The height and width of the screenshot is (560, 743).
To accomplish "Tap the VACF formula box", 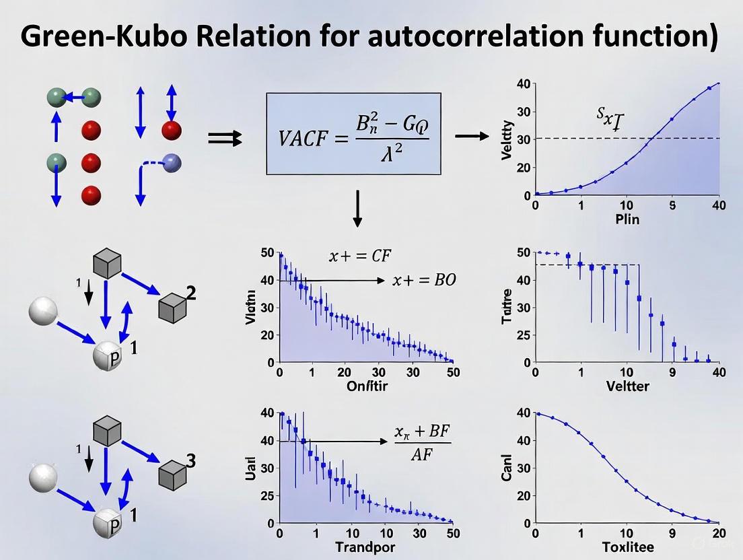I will (x=353, y=134).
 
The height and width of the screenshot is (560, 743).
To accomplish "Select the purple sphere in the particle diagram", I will (x=172, y=162).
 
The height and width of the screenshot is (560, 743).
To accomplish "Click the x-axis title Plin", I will (x=627, y=219).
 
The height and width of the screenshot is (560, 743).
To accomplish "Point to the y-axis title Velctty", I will (x=508, y=140).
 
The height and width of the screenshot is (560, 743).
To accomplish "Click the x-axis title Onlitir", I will (x=365, y=386).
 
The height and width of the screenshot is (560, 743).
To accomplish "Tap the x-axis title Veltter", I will (x=627, y=386).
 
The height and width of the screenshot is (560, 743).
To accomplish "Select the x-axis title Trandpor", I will (x=366, y=547).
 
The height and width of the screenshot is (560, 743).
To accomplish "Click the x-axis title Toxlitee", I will (x=627, y=547).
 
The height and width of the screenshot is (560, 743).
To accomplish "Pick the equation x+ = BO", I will (x=424, y=280).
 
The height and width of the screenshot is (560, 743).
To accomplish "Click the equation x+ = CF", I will (x=360, y=256).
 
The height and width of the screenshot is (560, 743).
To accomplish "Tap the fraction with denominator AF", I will (x=422, y=444).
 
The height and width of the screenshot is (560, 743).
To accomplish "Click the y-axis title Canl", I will (x=508, y=468).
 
